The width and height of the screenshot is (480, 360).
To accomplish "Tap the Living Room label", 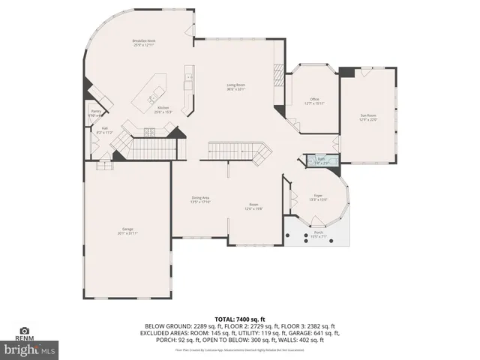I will click(x=236, y=85).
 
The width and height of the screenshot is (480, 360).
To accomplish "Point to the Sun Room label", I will click(x=367, y=115).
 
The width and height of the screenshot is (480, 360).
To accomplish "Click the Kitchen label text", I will click(x=163, y=107).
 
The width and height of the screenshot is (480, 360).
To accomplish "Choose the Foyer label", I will click(x=318, y=194).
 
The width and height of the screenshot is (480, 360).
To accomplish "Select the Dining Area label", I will click(x=200, y=198).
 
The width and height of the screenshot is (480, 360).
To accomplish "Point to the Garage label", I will click(x=127, y=229).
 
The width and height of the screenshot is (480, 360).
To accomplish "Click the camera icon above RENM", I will click(x=24, y=331).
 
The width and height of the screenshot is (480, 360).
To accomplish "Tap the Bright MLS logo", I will click(x=30, y=349).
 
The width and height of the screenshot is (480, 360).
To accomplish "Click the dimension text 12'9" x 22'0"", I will click(x=367, y=119).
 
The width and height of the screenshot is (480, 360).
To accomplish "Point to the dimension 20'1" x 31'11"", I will click(x=127, y=233).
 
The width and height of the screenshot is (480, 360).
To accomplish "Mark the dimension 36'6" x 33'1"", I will click(x=236, y=89).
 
